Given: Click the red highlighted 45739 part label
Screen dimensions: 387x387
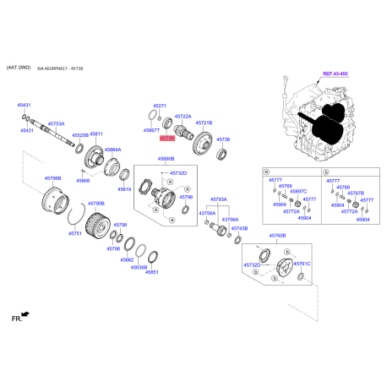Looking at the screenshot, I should [x=166, y=137].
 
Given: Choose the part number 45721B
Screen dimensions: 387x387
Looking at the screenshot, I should [x=204, y=123].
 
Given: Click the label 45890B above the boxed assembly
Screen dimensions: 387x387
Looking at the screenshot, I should [x=165, y=158].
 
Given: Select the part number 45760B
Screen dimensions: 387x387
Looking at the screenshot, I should [x=277, y=236].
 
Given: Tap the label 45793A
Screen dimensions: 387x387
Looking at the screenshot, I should [x=218, y=199].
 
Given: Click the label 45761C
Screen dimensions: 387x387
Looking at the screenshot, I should [x=303, y=264].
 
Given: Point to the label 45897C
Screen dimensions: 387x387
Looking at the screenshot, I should [x=298, y=192].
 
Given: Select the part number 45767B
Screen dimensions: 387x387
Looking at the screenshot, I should [x=357, y=192].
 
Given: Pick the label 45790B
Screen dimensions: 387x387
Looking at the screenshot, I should [x=96, y=204].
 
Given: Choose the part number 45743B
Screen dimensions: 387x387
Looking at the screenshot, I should [x=239, y=228].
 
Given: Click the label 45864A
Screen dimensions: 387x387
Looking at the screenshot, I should [x=113, y=150].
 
